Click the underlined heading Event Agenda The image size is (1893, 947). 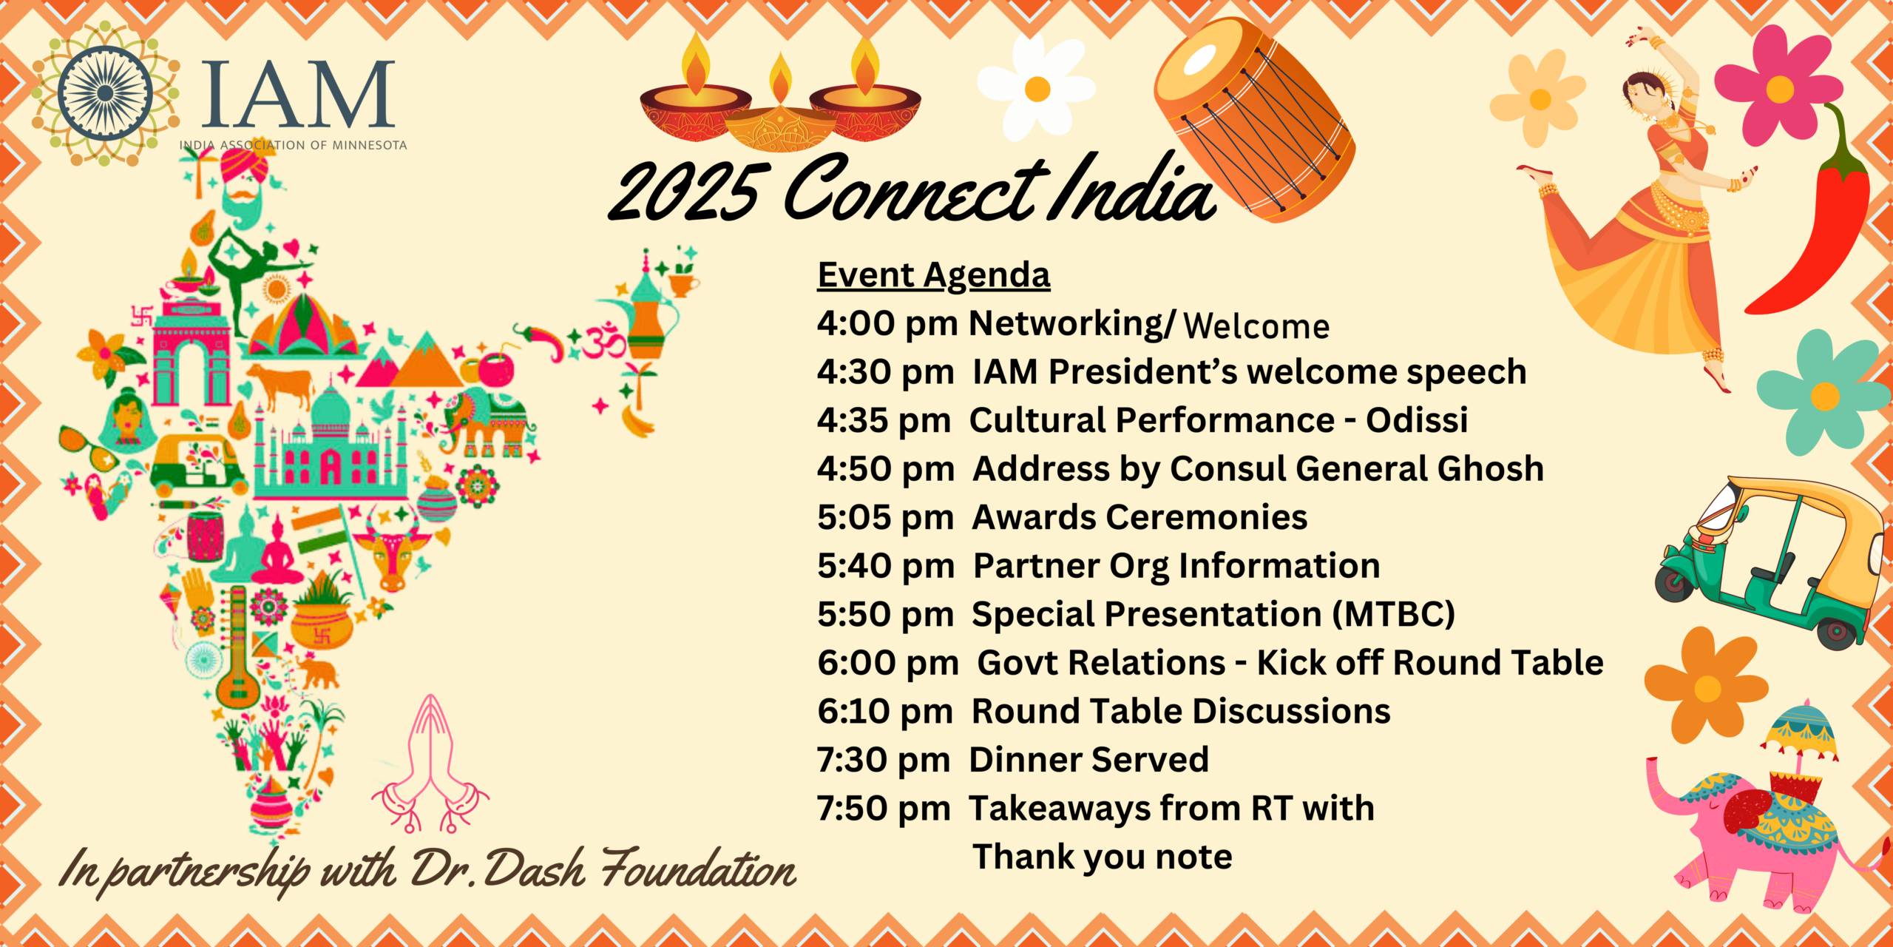(933, 275)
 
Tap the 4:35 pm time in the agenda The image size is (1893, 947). (884, 420)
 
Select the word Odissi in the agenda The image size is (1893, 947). (1416, 419)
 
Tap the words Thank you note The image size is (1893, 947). (1102, 857)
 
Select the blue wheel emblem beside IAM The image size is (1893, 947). (106, 93)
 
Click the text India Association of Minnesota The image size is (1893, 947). (293, 145)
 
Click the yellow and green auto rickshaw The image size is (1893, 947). (1770, 562)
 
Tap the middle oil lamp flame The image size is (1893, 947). (780, 76)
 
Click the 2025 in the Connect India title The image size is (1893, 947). (683, 191)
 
